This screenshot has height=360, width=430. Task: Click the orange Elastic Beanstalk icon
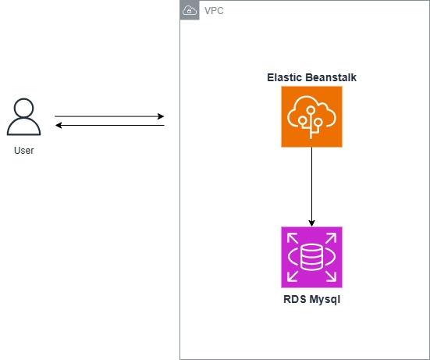[311, 116]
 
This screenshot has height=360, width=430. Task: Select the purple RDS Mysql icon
[311, 256]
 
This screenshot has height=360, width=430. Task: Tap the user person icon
[23, 118]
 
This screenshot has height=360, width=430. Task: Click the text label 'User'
[23, 150]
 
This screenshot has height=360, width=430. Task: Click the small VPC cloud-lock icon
[189, 10]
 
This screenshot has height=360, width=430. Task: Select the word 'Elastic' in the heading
[285, 77]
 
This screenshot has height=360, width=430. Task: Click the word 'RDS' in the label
[295, 299]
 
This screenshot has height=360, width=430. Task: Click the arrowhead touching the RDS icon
[311, 223]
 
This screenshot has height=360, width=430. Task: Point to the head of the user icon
[23, 108]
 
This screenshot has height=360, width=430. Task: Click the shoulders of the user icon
[23, 129]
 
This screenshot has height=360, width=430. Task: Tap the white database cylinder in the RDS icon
[311, 256]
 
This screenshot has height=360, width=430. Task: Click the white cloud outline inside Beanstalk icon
[311, 112]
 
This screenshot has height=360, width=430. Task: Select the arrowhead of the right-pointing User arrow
[161, 116]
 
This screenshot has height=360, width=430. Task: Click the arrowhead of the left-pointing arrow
[58, 125]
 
